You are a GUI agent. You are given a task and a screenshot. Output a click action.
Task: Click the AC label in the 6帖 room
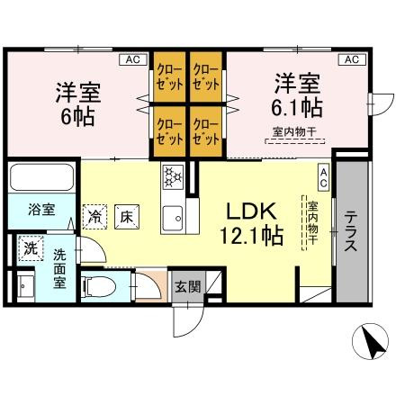coord(132,59)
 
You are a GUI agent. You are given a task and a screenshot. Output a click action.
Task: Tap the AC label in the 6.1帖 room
coord(351,59)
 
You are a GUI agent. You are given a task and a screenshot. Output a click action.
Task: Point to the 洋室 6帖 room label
coord(77,103)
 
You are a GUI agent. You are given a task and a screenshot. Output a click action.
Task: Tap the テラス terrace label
coord(352,232)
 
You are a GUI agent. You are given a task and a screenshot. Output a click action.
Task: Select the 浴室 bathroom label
coord(40,210)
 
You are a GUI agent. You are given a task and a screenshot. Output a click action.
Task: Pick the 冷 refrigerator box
coord(95,216)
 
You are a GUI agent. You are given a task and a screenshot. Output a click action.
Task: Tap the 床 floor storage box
coord(127,216)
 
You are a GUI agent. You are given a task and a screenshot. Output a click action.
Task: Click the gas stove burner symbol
coord(173,176)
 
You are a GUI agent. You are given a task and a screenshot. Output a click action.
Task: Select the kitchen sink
coord(173,216)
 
